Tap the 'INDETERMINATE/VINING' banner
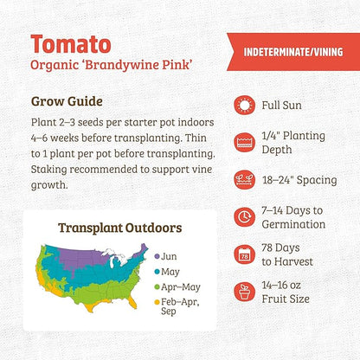click(x=294, y=50)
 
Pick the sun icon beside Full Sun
click(x=245, y=106)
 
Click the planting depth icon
click(x=245, y=143)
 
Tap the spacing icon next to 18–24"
click(x=245, y=180)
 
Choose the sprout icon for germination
click(x=245, y=217)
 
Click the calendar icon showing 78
click(x=245, y=254)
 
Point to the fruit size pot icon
click(x=245, y=292)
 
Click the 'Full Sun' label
click(x=285, y=106)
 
